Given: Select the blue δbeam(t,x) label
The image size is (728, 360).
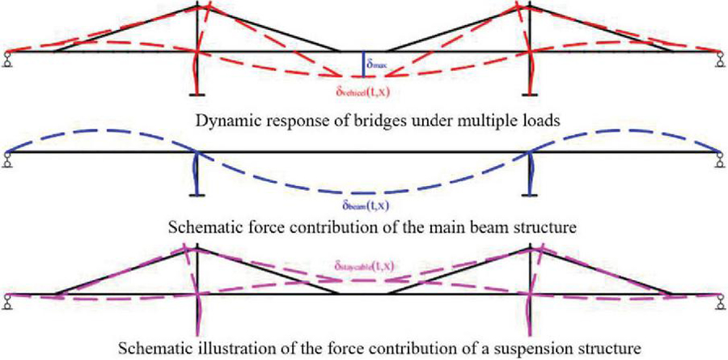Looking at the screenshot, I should pos(363,209).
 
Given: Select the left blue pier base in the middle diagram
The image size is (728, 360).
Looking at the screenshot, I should pos(197,192).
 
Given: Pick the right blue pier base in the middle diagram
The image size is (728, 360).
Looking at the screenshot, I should pos(530,192).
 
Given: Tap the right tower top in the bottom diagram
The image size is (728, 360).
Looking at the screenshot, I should pos(530,247).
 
